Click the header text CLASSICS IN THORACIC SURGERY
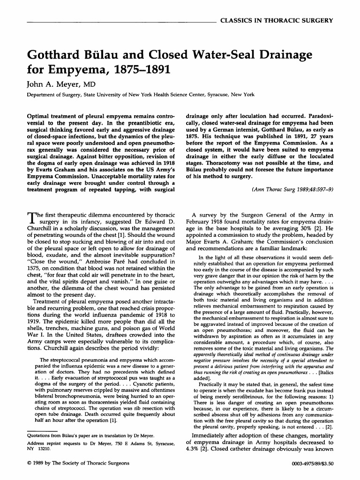(x=276, y=21)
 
